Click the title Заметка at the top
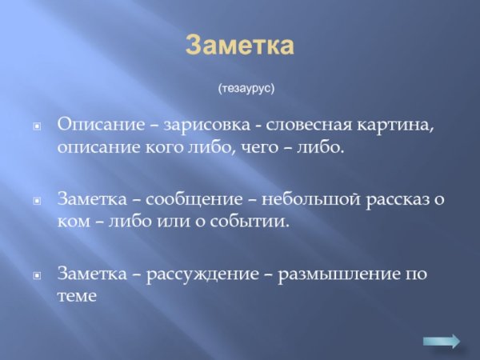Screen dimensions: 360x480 click(x=240, y=46)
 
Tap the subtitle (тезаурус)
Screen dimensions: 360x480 click(x=246, y=88)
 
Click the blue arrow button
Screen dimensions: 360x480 click(x=442, y=341)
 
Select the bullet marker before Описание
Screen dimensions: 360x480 click(x=36, y=127)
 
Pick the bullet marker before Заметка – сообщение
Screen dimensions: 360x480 click(x=36, y=200)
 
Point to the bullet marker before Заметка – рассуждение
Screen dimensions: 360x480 click(x=36, y=274)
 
